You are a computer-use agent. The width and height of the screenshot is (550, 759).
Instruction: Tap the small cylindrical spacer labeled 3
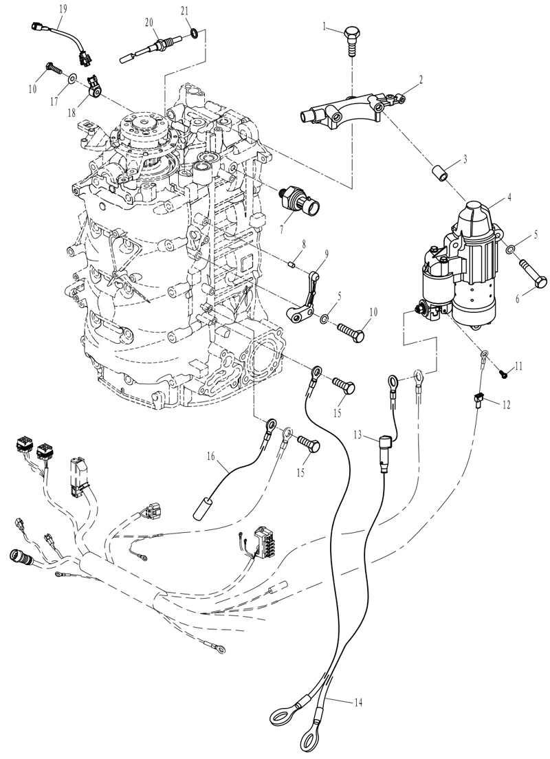pyautogui.click(x=439, y=173)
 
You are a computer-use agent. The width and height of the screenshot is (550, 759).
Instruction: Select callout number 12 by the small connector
pyautogui.click(x=506, y=405)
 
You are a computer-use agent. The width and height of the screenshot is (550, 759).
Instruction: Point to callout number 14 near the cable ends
pyautogui.click(x=358, y=702)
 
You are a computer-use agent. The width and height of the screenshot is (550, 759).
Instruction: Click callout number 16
pyautogui.click(x=210, y=456)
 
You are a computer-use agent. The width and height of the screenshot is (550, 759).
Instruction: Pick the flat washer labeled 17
pyautogui.click(x=72, y=78)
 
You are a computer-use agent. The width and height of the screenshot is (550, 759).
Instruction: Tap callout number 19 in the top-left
pyautogui.click(x=63, y=8)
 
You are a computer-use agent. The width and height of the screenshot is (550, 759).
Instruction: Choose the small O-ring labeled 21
pyautogui.click(x=193, y=34)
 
